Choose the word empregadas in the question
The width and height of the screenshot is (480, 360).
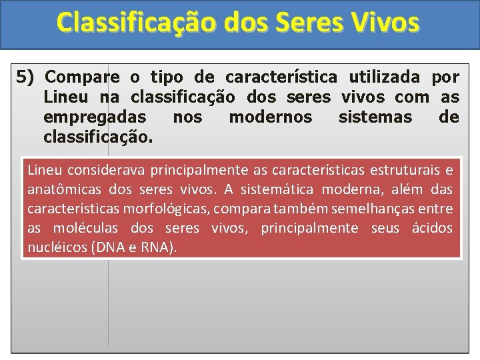coord(95,117)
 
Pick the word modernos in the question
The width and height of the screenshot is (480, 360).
coord(270,117)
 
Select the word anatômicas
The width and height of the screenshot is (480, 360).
coord(60,189)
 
